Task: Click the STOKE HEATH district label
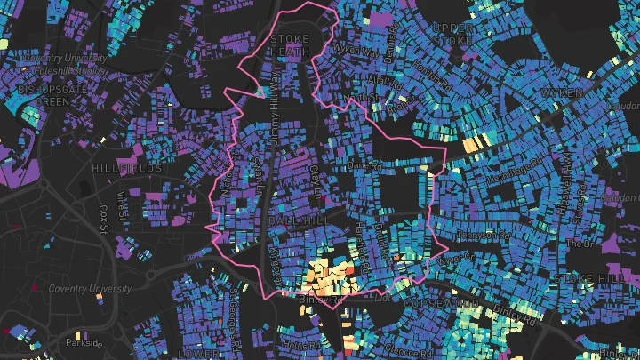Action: click(290, 46)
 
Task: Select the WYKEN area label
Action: click(560, 92)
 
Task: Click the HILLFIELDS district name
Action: click(127, 168)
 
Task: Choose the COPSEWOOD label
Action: click(428, 304)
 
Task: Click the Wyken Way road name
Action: click(356, 51)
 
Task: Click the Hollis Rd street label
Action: click(303, 345)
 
